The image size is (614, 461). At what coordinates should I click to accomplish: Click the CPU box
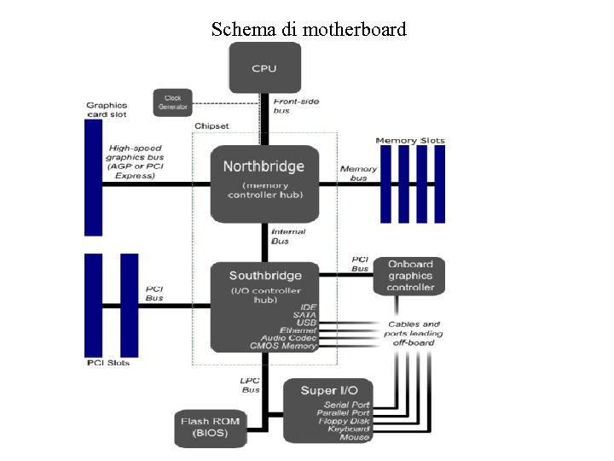tap(264, 68)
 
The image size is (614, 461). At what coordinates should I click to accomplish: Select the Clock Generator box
tap(173, 102)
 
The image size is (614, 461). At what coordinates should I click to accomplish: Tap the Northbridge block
tap(264, 183)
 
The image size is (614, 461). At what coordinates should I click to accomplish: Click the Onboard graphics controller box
tap(410, 276)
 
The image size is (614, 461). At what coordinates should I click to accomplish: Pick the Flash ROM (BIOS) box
tap(211, 427)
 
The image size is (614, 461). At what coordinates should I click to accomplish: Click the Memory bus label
tap(358, 173)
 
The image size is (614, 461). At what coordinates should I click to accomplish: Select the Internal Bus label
tap(287, 236)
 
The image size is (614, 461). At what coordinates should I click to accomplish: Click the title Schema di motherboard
tap(309, 30)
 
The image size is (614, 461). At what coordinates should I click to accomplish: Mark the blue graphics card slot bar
tap(93, 177)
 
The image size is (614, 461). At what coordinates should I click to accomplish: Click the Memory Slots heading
tap(410, 140)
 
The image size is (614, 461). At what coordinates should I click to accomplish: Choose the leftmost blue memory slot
tap(385, 184)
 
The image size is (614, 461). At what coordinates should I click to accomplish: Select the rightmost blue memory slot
tap(439, 184)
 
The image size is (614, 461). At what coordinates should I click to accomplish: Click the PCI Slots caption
tap(108, 363)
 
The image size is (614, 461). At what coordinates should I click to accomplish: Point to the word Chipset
tap(211, 125)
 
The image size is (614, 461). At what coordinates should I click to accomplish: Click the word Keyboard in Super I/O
tap(348, 429)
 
